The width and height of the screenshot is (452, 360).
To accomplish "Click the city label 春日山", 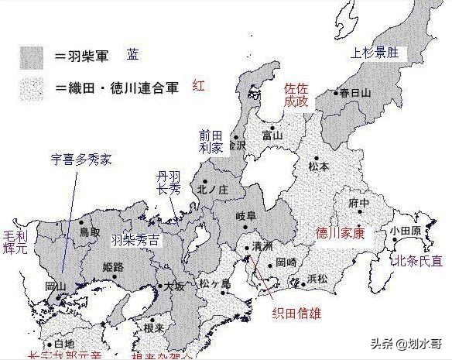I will coord(355,93).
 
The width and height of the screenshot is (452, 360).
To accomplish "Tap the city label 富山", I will coord(272,135).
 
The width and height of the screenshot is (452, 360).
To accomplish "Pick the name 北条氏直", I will coord(419,262).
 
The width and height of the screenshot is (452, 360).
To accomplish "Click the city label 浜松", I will coord(317,277).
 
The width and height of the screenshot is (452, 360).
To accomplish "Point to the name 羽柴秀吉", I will coord(135,240).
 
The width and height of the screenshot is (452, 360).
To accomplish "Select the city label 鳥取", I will coord(90,231).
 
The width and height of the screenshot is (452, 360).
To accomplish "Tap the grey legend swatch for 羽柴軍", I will coord(32,57).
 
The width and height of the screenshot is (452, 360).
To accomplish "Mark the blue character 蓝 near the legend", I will coord(133,54).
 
